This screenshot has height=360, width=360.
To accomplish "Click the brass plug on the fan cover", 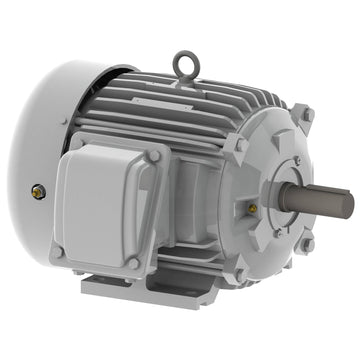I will (x=38, y=188).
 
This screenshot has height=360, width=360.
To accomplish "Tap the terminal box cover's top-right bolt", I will (x=154, y=155).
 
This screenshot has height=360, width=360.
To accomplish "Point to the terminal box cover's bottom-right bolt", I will (x=136, y=262).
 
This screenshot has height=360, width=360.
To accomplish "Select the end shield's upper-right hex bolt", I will (x=306, y=116).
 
